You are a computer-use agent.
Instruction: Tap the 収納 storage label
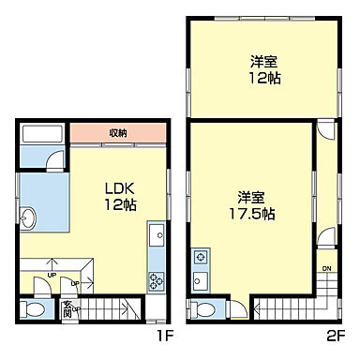click(x=117, y=133)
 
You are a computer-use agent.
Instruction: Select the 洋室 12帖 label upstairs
click(x=262, y=69)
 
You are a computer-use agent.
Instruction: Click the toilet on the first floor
click(x=35, y=307)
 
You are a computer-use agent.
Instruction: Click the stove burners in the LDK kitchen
click(x=155, y=278)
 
